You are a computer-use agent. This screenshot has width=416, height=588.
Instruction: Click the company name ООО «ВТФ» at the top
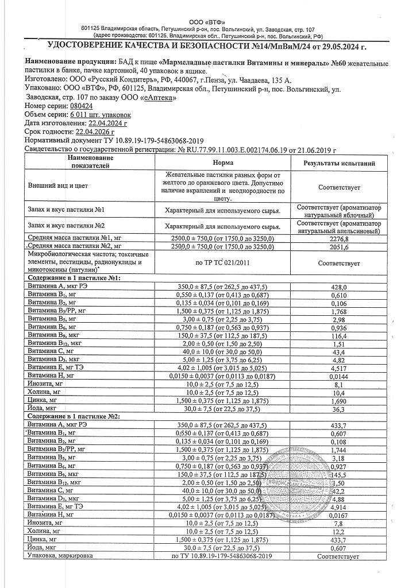click(208, 22)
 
